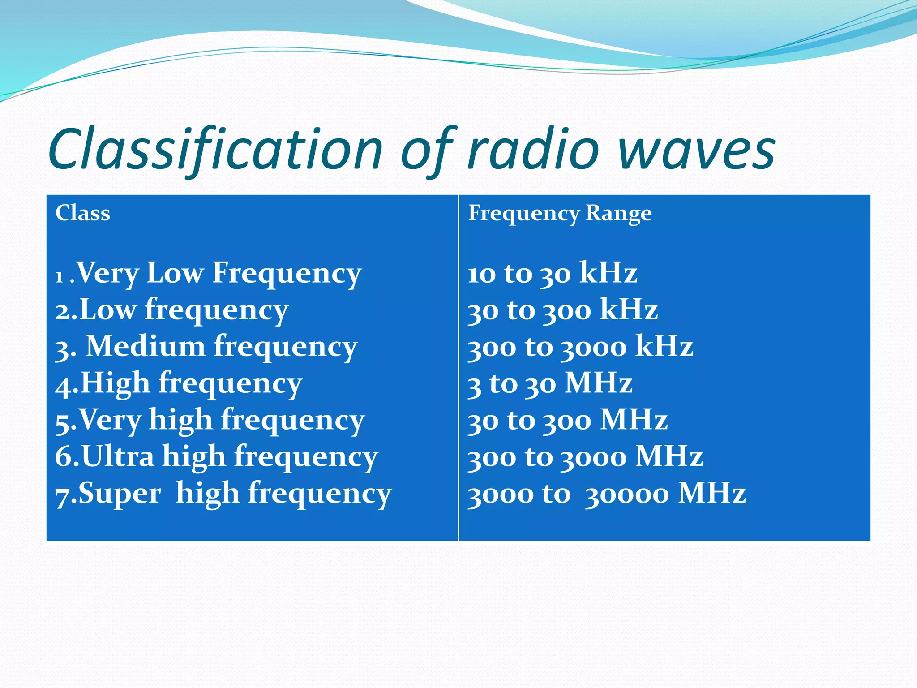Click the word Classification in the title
(x=215, y=150)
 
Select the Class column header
(x=83, y=213)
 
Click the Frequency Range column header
(x=560, y=213)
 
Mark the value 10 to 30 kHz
(x=552, y=273)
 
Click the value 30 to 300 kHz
(x=563, y=310)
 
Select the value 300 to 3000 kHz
(x=580, y=346)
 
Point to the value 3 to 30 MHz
(x=550, y=383)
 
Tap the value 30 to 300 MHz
(x=567, y=420)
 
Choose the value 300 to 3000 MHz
(x=585, y=456)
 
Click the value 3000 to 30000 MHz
(x=607, y=493)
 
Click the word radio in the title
(x=533, y=150)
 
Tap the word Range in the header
(x=619, y=213)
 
